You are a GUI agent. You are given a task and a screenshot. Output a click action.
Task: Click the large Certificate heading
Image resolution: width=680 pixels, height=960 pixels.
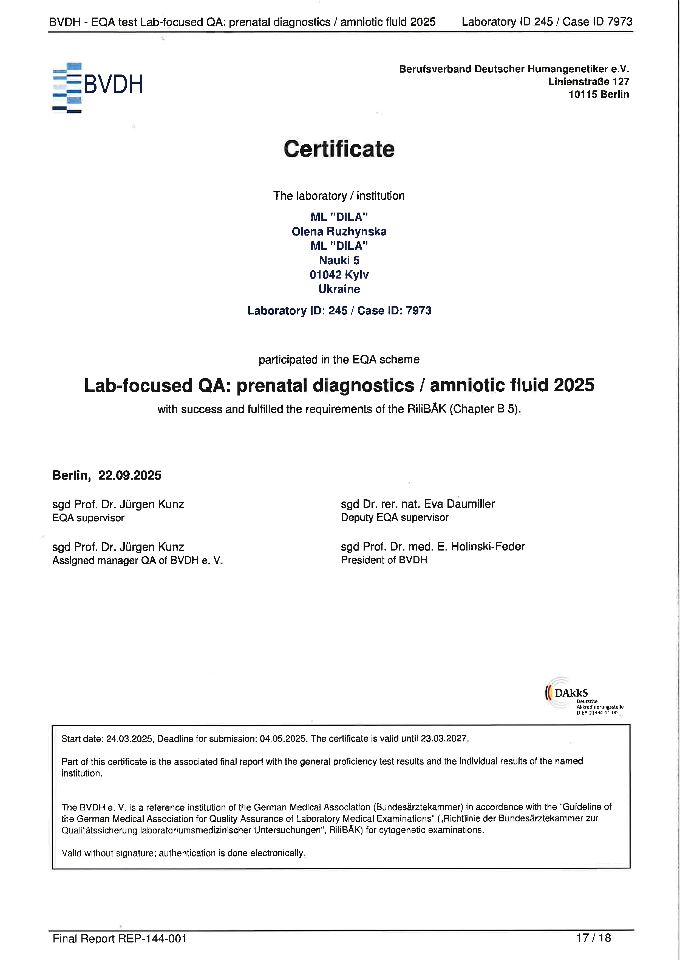point(339,149)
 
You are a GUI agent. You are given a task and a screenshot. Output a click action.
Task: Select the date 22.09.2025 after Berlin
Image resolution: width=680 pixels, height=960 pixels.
point(130,475)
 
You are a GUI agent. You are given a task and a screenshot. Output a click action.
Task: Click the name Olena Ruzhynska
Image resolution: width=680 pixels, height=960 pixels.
point(339,232)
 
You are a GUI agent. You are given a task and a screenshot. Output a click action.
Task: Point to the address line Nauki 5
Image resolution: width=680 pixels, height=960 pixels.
point(339,260)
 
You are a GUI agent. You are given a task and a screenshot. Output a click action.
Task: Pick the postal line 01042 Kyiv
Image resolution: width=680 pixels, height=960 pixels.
point(339,275)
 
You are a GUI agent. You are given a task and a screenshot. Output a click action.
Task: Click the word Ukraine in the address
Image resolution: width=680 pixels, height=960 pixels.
point(339,289)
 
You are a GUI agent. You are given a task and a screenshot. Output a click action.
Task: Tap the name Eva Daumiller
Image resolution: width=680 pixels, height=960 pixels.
point(459,504)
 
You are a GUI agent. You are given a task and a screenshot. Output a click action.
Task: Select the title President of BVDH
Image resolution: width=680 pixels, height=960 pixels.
point(384,560)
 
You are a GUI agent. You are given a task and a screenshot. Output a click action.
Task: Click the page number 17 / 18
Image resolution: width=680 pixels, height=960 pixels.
point(593,938)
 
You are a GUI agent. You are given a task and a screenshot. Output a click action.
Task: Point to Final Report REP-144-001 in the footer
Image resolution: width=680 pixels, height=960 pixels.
point(120,939)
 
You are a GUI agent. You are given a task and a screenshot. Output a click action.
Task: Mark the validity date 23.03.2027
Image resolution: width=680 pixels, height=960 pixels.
point(444,739)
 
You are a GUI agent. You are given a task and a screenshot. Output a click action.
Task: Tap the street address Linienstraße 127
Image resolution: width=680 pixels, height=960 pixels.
point(588,82)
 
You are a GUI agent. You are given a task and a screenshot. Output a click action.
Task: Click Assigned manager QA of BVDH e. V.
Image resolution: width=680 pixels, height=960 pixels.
point(137,560)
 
